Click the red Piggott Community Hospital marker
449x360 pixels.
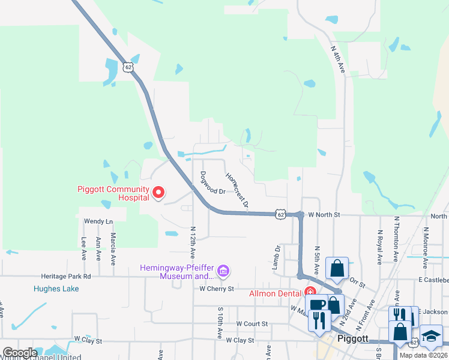pos(158,193)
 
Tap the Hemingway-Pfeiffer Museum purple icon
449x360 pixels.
pos(223,272)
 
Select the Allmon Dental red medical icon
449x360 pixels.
pos(310,293)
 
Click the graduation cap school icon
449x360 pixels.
pos(431,336)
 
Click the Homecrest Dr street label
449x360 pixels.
pos(237,190)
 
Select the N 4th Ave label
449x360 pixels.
pos(339,59)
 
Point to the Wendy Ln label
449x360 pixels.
pos(98,221)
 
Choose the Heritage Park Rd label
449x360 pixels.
pos(66,277)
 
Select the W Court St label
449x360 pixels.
pos(251,323)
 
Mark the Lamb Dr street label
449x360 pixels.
pos(277,256)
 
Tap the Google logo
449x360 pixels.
pos(20,353)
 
